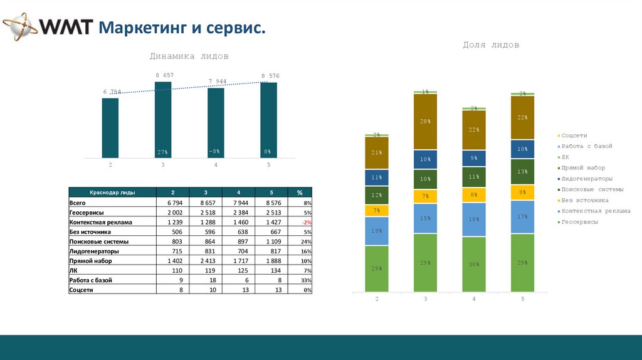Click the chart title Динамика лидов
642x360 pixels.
pos(189,56)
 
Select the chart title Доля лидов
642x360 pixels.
pos(490,45)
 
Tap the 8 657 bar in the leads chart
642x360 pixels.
pos(163,119)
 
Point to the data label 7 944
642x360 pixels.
pos(217,82)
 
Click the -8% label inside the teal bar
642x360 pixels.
pos(216,151)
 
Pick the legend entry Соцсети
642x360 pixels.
pos(574,135)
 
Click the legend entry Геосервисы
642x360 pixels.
pos(579,222)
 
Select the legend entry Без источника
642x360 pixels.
pos(584,201)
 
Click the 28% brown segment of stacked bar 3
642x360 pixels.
pos(426,121)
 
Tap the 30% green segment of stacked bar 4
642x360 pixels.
pos(474,264)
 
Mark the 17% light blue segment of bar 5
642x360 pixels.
pos(522,217)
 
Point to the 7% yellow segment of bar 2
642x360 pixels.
pos(377,210)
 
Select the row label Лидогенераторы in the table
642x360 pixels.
pos(95,251)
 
